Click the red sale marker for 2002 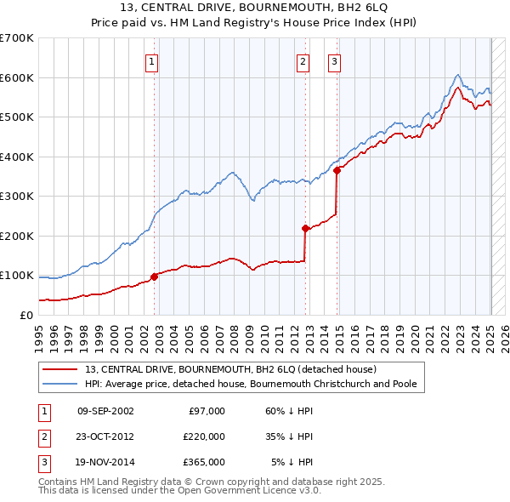pos(155,276)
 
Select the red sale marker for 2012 pos(305,228)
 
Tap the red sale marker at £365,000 pos(337,170)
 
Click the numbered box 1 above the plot pos(151,60)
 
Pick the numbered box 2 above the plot pos(303,60)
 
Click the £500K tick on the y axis pos(17,117)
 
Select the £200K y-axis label pos(17,236)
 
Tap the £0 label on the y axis pos(25,315)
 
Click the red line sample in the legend pos(59,369)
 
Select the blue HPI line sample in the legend pos(59,384)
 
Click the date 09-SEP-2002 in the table pos(105,411)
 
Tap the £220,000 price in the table pos(204,436)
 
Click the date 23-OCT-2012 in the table pos(105,436)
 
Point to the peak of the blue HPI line pos(458,75)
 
